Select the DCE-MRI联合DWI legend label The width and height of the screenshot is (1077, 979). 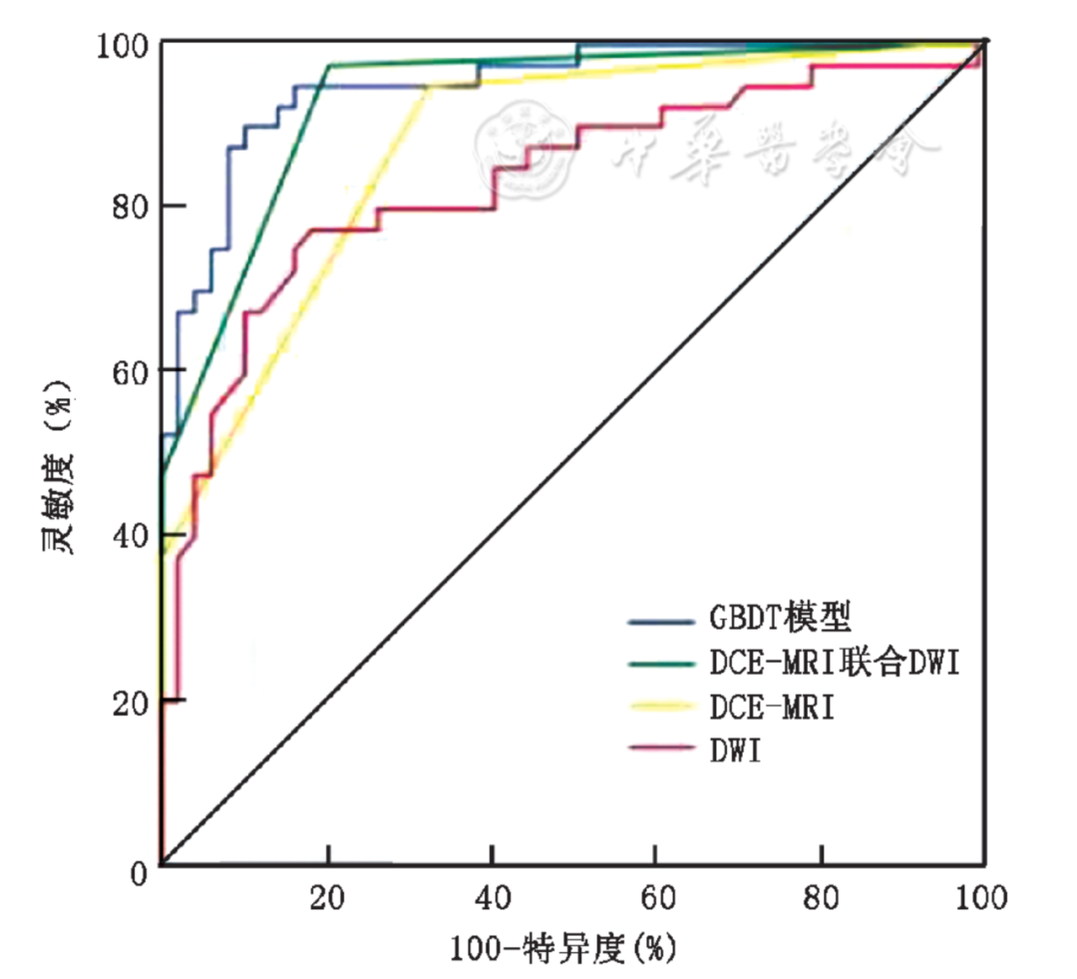tap(835, 663)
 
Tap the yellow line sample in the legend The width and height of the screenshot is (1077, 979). tap(663, 707)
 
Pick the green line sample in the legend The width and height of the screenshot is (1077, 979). tap(663, 664)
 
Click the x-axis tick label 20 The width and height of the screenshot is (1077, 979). tap(327, 899)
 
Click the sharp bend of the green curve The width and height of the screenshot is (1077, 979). tap(328, 66)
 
